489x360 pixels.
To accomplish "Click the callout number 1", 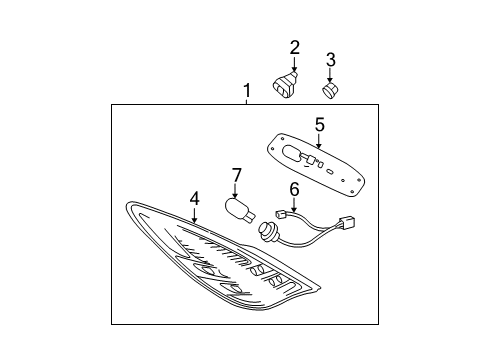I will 246,92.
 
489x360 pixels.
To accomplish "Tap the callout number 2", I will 294,47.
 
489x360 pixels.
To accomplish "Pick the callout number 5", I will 319,125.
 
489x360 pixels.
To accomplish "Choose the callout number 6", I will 294,189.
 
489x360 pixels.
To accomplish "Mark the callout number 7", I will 237,177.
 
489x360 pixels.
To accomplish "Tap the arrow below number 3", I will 330,77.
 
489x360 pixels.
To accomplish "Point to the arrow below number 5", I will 319,141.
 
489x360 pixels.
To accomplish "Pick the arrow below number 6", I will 294,205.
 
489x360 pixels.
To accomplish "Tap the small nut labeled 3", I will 331,91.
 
